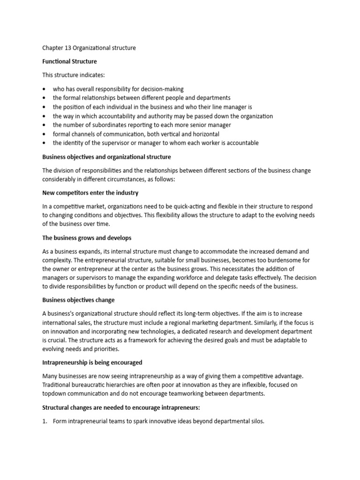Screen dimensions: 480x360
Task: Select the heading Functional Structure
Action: coord(69,61)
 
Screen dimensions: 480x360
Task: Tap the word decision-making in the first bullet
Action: coord(162,89)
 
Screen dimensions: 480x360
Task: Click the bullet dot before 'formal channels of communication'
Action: coord(44,134)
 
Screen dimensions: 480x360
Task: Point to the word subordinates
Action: coord(105,125)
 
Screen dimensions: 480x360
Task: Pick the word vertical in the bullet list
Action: coord(171,134)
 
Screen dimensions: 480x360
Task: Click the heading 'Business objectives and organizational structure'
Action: coord(106,157)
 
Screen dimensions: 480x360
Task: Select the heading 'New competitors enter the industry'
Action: coord(90,193)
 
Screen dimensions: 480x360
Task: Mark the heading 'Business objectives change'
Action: coord(78,300)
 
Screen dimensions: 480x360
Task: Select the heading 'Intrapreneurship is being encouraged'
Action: coord(92,363)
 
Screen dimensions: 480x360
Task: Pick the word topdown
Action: coord(54,394)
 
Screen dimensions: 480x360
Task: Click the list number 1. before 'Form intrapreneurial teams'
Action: coord(45,421)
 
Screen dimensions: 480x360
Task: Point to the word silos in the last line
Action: coord(256,421)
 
